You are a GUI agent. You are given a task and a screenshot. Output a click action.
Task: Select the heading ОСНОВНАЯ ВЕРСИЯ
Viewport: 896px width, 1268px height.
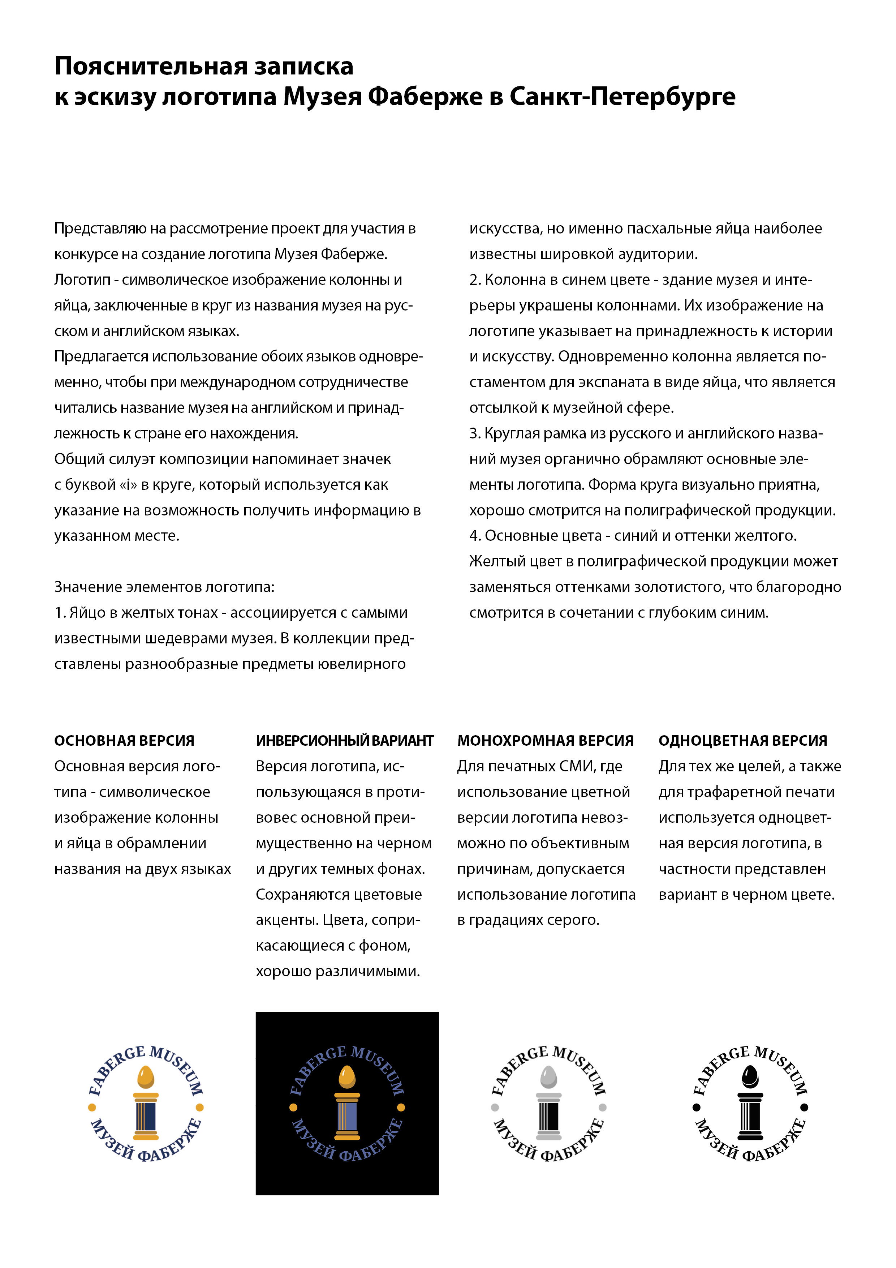click(124, 741)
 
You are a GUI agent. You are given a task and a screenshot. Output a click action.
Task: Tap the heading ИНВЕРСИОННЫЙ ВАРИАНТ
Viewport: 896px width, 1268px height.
click(344, 741)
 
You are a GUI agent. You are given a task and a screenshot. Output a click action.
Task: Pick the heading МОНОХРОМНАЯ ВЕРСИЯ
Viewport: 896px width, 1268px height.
click(546, 741)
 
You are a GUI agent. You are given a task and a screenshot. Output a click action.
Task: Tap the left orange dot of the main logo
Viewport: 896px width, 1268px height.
click(92, 1107)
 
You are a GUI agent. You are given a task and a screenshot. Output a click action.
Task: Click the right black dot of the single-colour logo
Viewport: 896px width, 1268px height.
click(804, 1107)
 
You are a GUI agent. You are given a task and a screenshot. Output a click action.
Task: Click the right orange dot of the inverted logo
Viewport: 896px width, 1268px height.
click(401, 1107)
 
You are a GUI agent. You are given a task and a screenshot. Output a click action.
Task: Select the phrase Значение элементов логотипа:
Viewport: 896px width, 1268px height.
click(164, 587)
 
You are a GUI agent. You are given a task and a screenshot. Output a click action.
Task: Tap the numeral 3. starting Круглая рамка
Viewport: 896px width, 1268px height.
click(475, 433)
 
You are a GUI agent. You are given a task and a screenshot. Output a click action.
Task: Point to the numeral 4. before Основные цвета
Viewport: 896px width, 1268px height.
click(475, 536)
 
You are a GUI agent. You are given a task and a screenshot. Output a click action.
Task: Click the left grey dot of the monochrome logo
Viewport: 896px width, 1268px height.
click(495, 1107)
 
